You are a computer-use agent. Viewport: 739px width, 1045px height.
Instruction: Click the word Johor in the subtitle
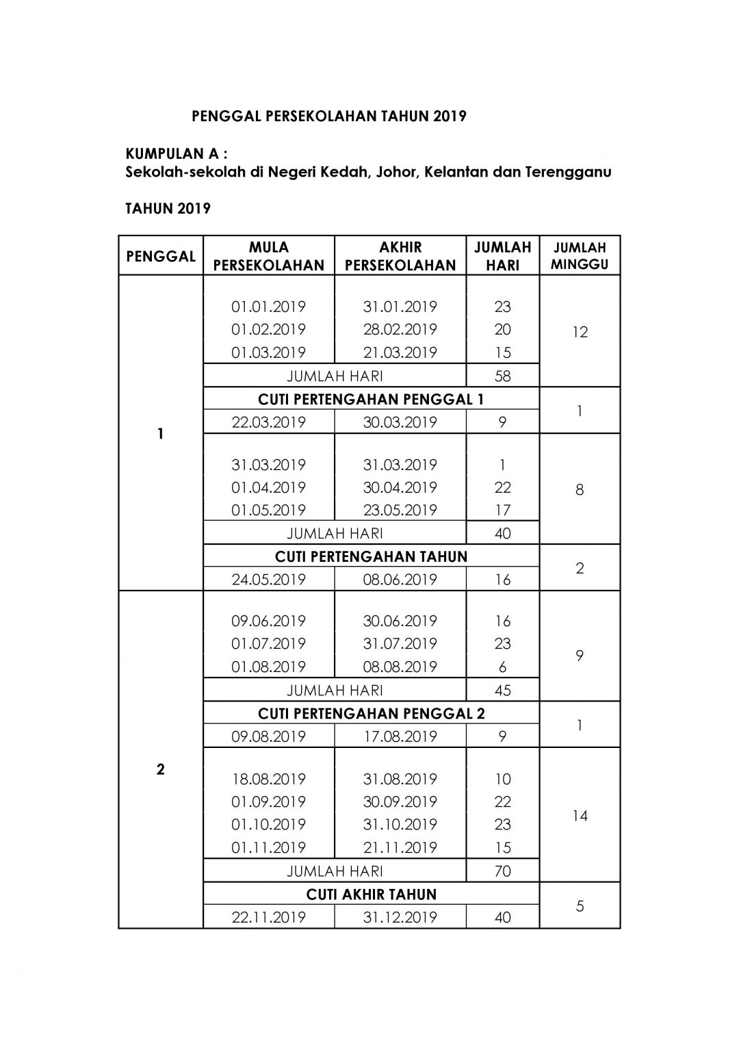click(x=396, y=172)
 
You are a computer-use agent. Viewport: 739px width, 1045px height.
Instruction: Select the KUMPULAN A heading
click(x=177, y=153)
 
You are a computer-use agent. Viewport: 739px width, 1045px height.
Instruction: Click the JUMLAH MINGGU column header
click(x=580, y=256)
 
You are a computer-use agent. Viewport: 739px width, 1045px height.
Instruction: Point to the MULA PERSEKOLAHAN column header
click(x=269, y=256)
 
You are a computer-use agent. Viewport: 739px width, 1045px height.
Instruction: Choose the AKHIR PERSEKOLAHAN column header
click(x=400, y=256)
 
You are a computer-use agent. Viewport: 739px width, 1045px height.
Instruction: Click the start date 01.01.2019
click(x=268, y=307)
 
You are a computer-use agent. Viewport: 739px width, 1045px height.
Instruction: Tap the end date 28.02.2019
click(x=400, y=329)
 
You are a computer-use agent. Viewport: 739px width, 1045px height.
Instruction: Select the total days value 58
click(x=502, y=376)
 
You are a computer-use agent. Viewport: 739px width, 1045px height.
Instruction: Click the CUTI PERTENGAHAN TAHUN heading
click(x=371, y=556)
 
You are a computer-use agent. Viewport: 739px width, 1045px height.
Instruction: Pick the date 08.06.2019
click(x=400, y=580)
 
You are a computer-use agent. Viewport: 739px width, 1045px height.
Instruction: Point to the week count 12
click(x=580, y=332)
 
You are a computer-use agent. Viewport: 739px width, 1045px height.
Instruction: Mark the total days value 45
click(x=502, y=690)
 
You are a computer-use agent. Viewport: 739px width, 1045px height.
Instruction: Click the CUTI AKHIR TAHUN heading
click(x=371, y=894)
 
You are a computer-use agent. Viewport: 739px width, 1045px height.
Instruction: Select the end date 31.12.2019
click(x=400, y=917)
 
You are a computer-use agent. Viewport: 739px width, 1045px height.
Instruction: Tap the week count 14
click(x=580, y=816)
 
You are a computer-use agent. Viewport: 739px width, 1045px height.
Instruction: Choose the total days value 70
click(x=502, y=871)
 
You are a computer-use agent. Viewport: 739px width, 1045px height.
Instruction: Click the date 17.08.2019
click(x=400, y=736)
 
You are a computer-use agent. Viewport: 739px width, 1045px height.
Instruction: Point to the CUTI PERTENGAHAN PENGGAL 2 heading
click(x=371, y=713)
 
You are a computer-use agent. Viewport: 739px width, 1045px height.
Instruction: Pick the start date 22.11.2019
click(x=268, y=917)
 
